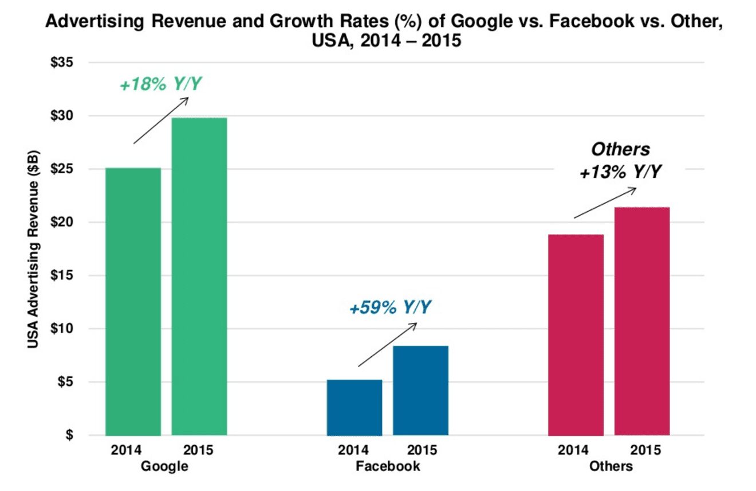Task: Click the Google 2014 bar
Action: point(133,301)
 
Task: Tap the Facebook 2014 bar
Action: point(354,407)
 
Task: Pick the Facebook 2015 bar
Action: point(420,390)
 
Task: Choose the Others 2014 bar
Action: point(576,334)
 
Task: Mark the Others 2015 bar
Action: point(642,321)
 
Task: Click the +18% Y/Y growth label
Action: point(161,85)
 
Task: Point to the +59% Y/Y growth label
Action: point(389,309)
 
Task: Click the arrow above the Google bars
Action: point(161,120)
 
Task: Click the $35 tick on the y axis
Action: point(61,62)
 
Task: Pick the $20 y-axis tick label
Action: point(61,222)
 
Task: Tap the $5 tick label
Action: point(64,382)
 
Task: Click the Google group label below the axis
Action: point(164,466)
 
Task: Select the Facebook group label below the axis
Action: point(388,466)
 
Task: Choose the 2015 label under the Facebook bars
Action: point(421,450)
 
